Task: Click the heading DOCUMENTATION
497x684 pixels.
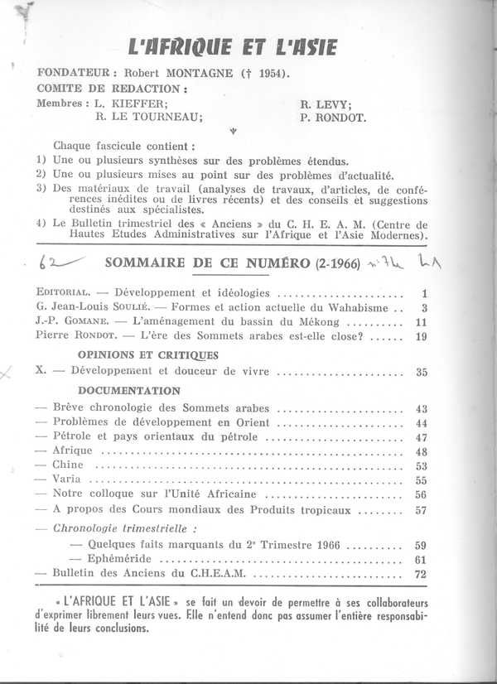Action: (128, 390)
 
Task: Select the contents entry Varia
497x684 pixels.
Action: (67, 479)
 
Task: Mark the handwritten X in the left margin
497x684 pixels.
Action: (8, 374)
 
